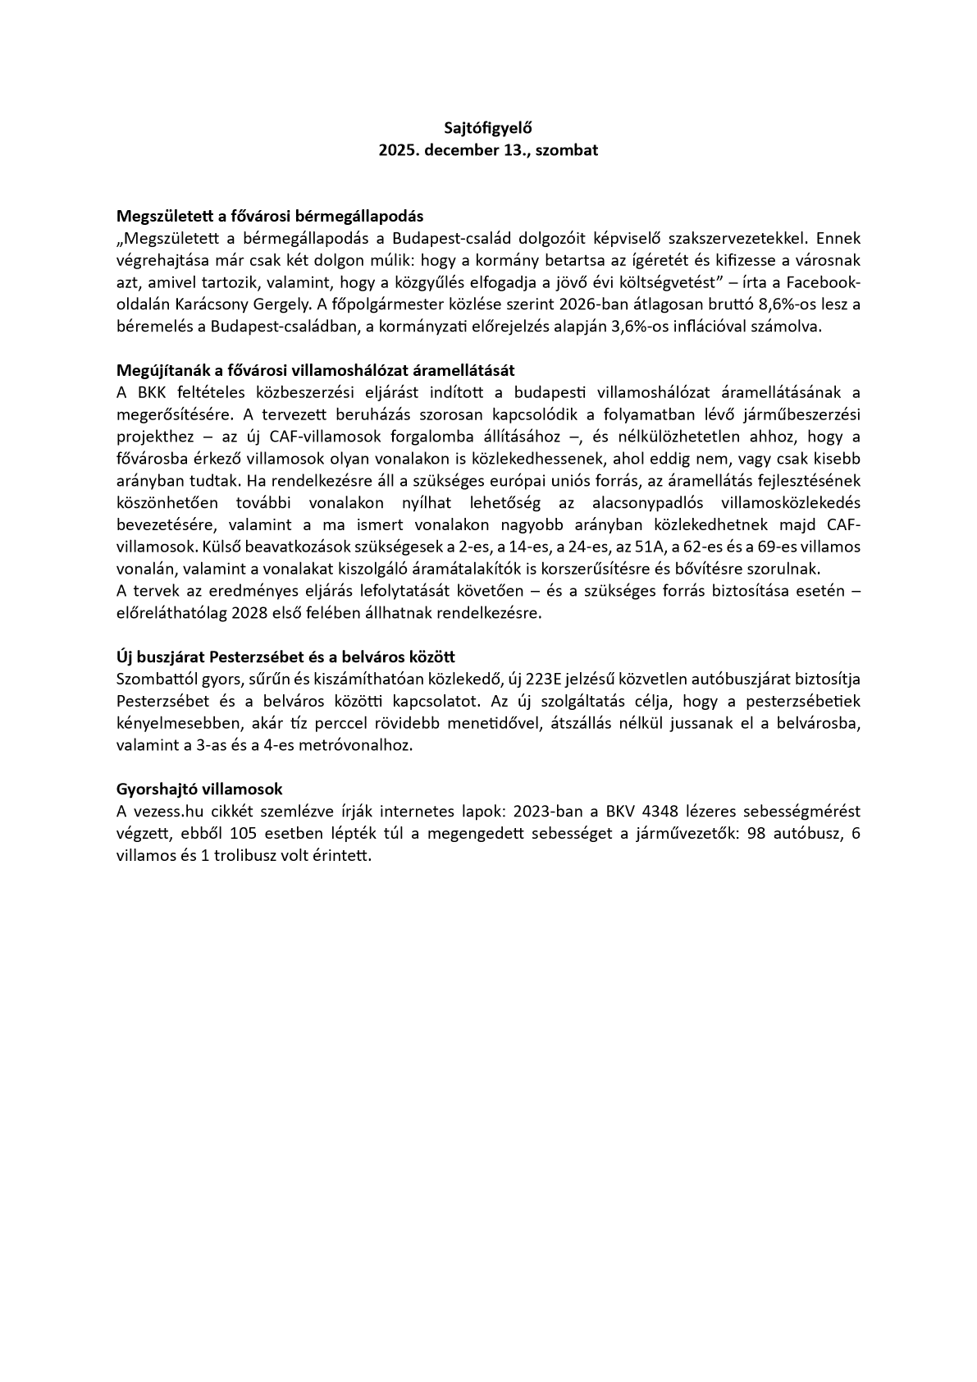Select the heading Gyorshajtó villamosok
(199, 789)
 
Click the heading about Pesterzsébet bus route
(286, 657)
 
